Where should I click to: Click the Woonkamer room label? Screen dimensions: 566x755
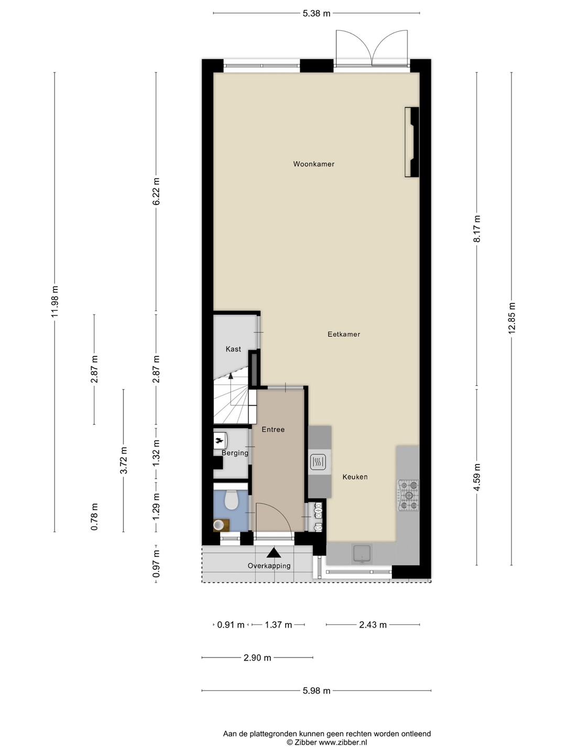[x=313, y=164]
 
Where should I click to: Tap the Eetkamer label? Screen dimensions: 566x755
[x=344, y=334]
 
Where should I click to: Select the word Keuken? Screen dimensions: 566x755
[x=355, y=477]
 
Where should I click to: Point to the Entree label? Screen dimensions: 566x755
[x=273, y=429]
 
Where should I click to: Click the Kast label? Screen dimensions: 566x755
[x=233, y=349]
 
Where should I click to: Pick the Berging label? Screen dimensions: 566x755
[x=235, y=453]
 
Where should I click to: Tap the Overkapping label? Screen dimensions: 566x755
[x=269, y=566]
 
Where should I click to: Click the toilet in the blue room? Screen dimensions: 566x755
[x=232, y=500]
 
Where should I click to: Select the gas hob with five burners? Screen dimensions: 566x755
[x=409, y=495]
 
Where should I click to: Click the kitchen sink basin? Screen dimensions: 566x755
[x=362, y=554]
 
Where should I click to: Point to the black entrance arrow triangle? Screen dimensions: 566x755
[x=274, y=553]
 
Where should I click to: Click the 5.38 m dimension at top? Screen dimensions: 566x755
[x=317, y=14]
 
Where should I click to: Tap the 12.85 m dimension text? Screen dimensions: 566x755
[x=511, y=318]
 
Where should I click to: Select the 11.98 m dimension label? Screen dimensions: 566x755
[x=55, y=301]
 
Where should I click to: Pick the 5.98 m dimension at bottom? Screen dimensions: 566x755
[x=317, y=691]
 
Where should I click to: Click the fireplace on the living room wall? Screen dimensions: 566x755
[x=412, y=142]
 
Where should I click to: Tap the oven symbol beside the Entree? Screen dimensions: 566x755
[x=318, y=462]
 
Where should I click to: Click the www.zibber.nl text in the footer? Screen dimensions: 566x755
[x=343, y=742]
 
